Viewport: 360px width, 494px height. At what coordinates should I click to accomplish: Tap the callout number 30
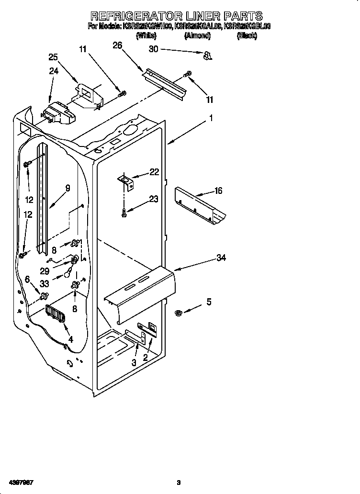[x=153, y=49]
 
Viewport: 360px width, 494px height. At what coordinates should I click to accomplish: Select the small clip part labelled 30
[x=208, y=56]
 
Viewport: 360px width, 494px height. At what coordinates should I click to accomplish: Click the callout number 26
[x=117, y=45]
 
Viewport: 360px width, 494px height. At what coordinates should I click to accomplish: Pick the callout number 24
[x=54, y=71]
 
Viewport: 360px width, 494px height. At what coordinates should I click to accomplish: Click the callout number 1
[x=211, y=118]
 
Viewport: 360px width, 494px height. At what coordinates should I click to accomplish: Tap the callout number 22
[x=154, y=172]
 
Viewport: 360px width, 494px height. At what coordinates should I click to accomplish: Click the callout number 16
[x=218, y=191]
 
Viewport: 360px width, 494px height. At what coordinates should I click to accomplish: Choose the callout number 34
[x=221, y=258]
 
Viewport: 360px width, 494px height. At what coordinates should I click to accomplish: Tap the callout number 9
[x=67, y=188]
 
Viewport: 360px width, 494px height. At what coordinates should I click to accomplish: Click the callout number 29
[x=45, y=270]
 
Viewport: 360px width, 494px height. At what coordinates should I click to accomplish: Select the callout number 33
[x=45, y=283]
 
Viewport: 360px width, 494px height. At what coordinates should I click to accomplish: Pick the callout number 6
[x=28, y=279]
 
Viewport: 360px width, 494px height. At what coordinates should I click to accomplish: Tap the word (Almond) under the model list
[x=198, y=36]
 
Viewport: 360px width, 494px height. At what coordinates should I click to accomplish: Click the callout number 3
[x=134, y=363]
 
